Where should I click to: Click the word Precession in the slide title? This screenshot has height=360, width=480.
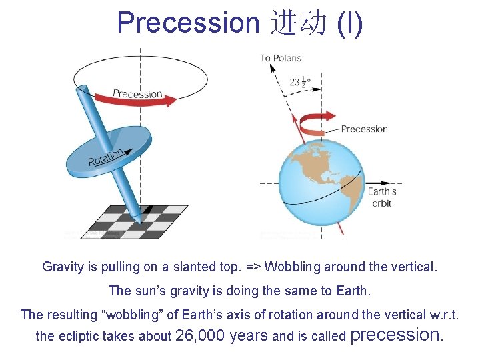(x=187, y=22)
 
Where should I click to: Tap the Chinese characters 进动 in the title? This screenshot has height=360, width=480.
(x=299, y=23)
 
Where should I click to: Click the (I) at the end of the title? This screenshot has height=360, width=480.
(x=350, y=23)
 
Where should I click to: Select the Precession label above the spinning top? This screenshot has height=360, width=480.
(x=137, y=93)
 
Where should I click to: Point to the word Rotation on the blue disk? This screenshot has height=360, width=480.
(x=105, y=158)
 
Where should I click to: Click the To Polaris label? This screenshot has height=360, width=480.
(x=281, y=59)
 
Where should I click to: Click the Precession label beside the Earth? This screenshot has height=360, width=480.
(x=364, y=129)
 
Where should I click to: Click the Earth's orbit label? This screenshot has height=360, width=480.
(x=382, y=197)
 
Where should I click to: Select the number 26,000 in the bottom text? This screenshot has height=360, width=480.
(x=199, y=335)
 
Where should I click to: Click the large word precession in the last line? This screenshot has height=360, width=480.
(x=396, y=335)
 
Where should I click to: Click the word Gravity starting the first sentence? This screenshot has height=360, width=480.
(x=63, y=267)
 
